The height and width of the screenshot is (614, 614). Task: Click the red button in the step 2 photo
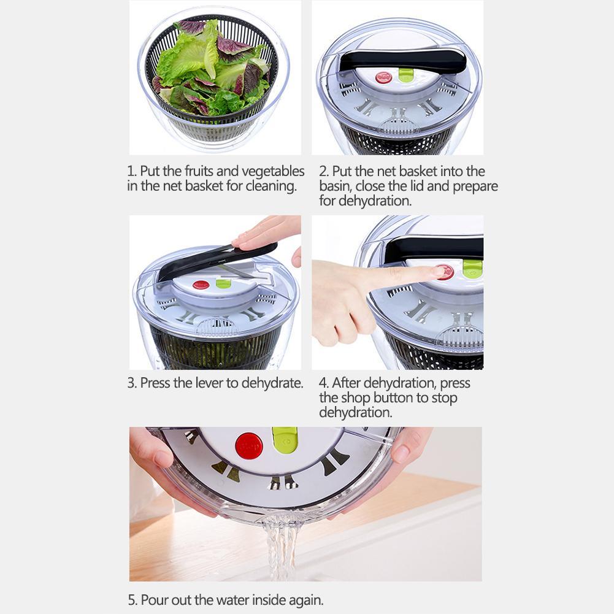tap(383, 77)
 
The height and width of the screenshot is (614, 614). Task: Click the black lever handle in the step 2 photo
tap(402, 61)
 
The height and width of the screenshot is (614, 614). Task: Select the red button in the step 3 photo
tap(201, 285)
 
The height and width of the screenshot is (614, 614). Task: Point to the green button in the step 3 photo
tap(223, 283)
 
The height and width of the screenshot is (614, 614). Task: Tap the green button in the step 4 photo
tap(472, 269)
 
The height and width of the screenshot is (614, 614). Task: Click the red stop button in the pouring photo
tap(248, 446)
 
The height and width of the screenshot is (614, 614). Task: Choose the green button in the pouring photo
tap(285, 440)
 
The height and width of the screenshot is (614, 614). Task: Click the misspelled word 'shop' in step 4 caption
tap(356, 398)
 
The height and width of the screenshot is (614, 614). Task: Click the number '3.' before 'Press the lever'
tap(132, 383)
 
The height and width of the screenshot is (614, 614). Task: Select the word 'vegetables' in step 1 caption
tap(273, 171)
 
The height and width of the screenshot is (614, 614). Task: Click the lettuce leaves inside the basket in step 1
tap(209, 67)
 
